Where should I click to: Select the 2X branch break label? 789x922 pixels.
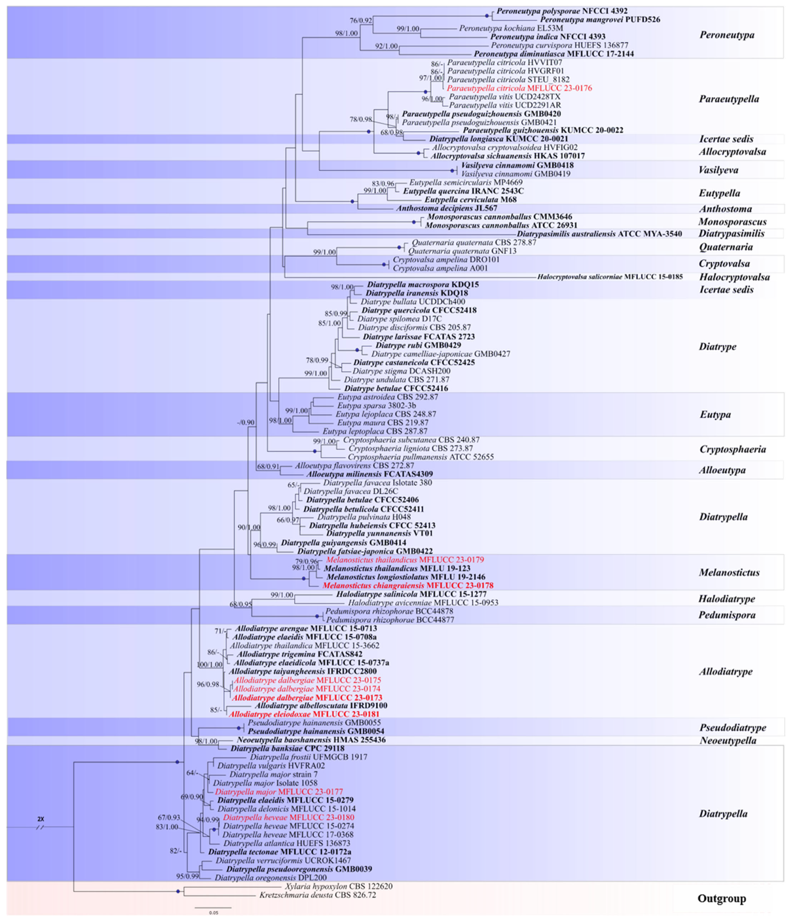point(41,819)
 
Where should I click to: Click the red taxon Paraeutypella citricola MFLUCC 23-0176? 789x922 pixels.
point(520,88)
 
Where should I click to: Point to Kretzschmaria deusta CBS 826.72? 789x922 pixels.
point(318,895)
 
